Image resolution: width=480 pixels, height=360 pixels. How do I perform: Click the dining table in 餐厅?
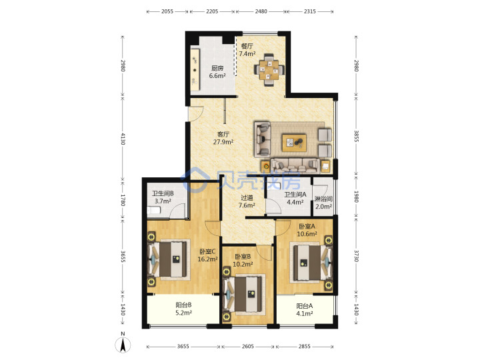click(x=269, y=70)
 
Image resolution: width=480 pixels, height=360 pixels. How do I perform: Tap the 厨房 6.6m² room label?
click(x=217, y=72)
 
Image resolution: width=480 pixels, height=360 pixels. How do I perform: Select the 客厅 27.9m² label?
click(x=223, y=138)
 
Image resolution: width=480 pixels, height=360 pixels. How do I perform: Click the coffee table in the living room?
click(x=294, y=143)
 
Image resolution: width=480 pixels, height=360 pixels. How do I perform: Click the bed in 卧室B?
click(x=244, y=294)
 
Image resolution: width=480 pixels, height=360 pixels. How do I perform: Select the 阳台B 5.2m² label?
click(x=184, y=309)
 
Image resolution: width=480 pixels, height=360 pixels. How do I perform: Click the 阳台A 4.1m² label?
click(x=304, y=309)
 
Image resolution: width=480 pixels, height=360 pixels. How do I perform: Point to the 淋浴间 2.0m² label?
click(x=323, y=203)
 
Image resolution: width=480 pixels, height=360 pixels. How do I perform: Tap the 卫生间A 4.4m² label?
click(x=295, y=198)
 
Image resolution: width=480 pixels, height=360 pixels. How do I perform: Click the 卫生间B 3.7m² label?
click(x=163, y=197)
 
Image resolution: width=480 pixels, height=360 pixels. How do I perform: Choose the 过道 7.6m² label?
click(x=247, y=201)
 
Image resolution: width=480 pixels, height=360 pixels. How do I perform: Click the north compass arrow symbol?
click(x=123, y=344)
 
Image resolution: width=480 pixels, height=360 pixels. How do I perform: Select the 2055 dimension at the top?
click(x=167, y=11)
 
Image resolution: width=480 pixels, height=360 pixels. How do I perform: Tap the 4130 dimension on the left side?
click(x=123, y=139)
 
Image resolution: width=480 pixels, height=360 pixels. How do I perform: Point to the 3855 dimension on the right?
click(x=356, y=136)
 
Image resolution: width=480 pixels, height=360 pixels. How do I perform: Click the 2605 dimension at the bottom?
click(x=247, y=346)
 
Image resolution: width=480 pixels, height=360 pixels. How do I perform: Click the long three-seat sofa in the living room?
click(x=295, y=165)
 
